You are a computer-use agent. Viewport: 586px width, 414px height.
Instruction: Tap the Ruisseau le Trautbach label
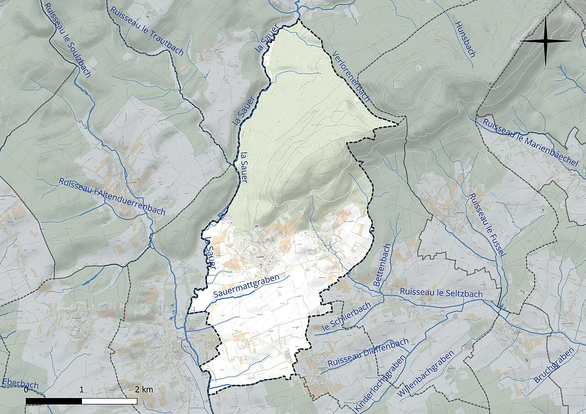pos(146,30)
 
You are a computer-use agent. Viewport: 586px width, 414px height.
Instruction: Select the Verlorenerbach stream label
pos(351,75)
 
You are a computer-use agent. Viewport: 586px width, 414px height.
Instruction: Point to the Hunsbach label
pos(465,39)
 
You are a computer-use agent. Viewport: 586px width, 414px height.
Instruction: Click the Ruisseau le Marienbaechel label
pos(530,141)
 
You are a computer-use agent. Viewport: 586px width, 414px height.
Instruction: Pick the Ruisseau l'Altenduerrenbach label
pos(112,196)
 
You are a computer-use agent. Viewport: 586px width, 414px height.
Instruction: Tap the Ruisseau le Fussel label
pos(485,224)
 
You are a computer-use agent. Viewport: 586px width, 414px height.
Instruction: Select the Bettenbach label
pos(382,265)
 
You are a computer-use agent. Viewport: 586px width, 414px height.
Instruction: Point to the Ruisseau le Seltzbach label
pos(441,293)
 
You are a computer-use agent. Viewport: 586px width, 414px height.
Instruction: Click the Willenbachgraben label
pos(426,373)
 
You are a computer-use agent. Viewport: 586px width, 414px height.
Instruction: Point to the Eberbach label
pos(20,383)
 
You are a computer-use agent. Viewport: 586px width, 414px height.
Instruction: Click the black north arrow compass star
pos(546,41)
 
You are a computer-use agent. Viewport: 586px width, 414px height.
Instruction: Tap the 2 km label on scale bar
pos(144,390)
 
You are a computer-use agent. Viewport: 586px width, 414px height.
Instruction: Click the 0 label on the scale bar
pos(26,390)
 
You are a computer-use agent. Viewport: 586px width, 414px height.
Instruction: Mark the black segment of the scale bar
pos(54,401)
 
